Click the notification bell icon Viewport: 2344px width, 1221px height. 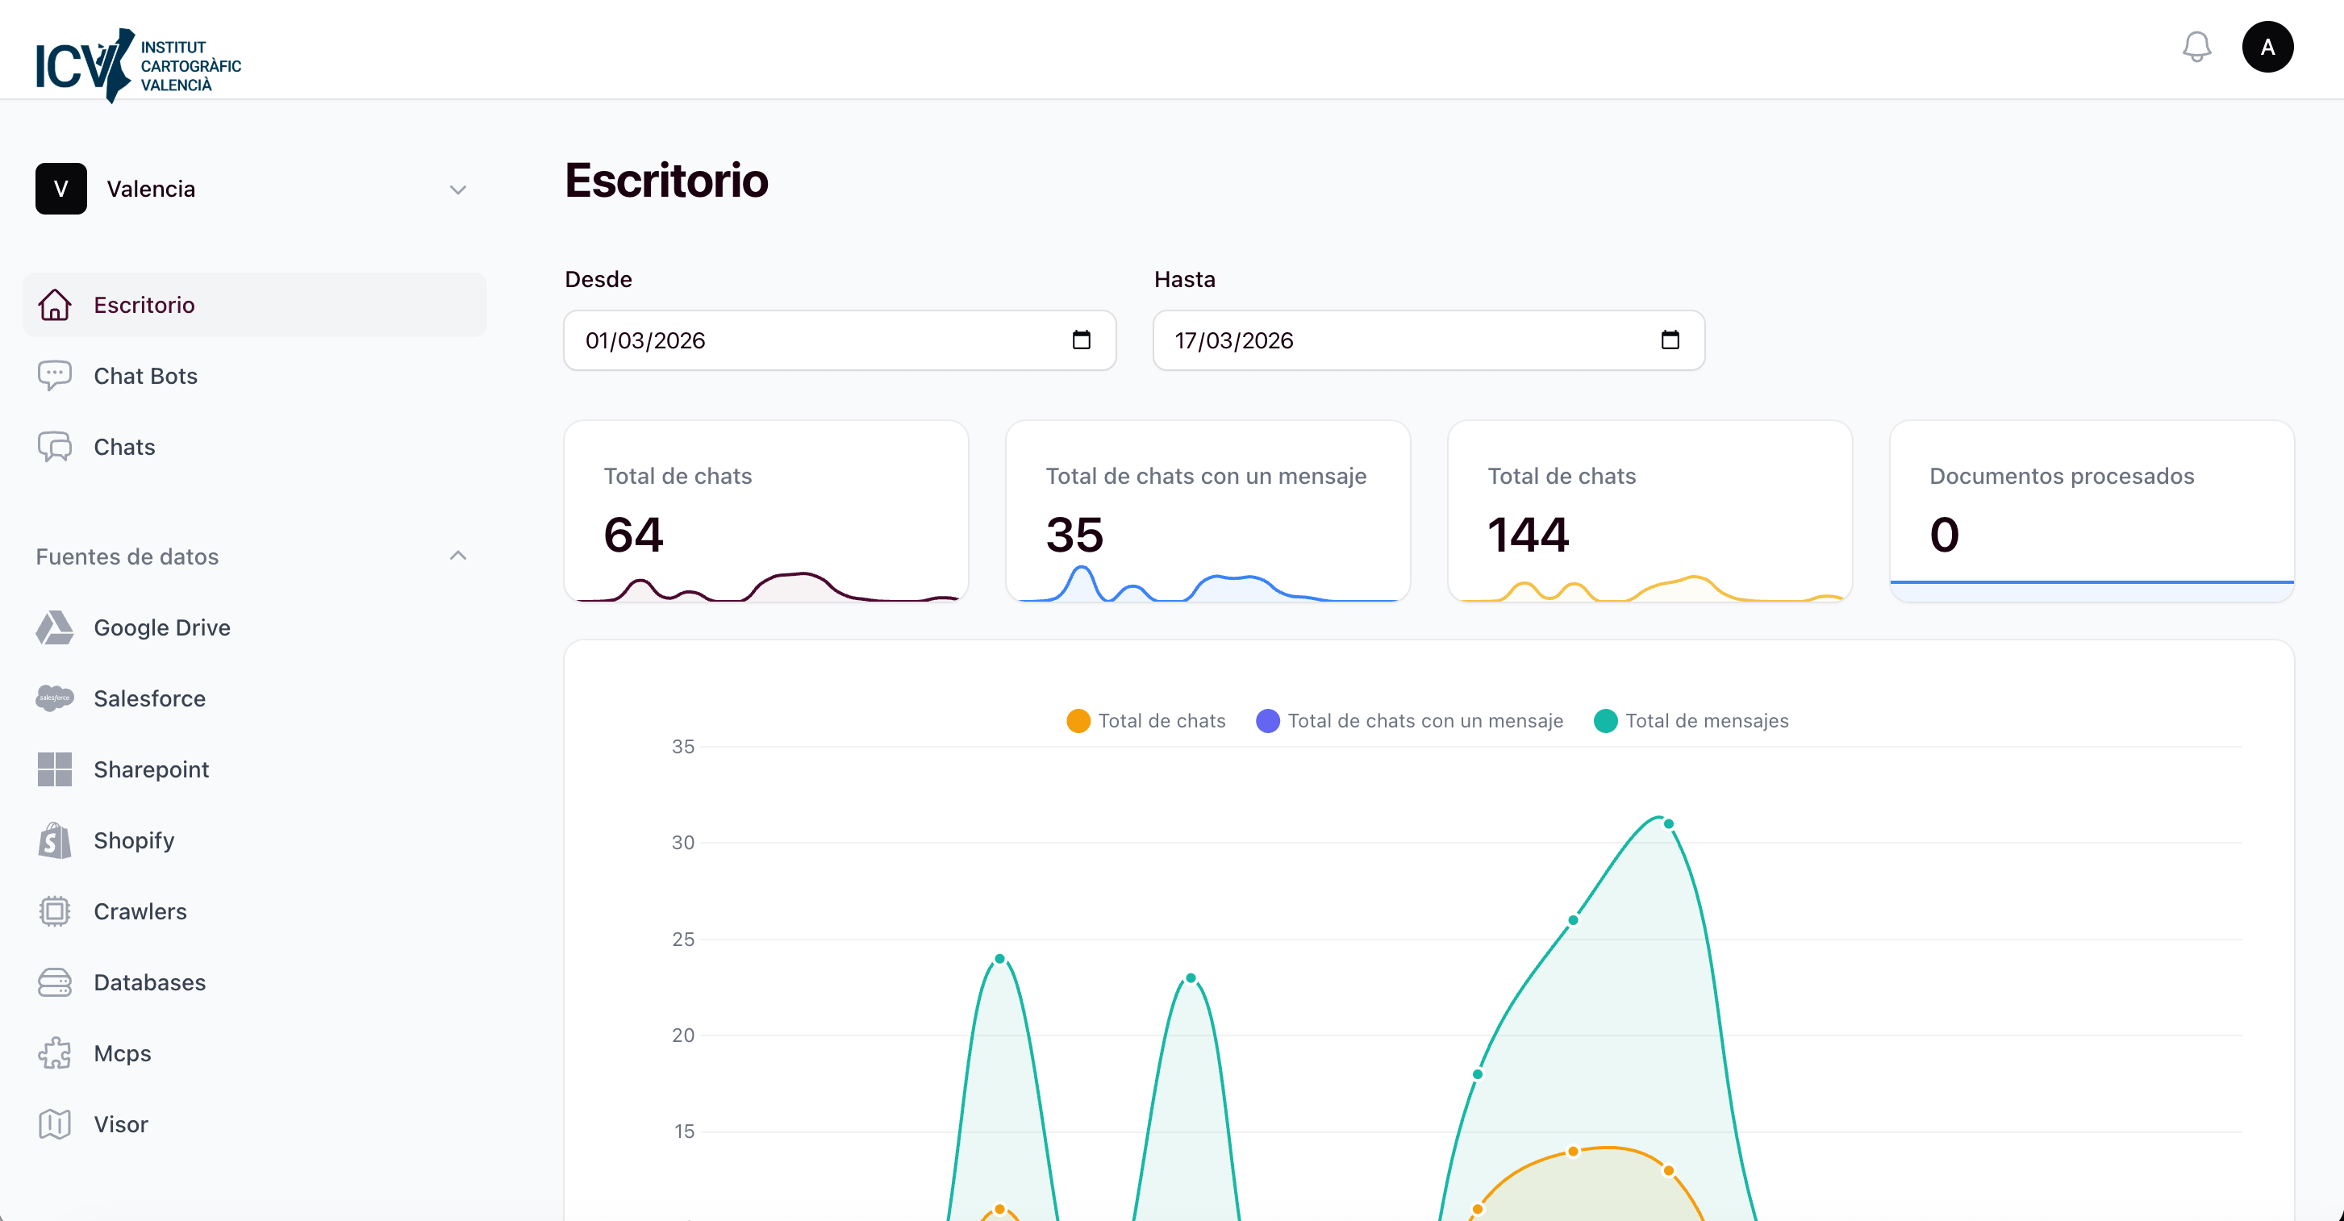(2196, 48)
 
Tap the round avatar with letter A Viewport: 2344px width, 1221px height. (2267, 48)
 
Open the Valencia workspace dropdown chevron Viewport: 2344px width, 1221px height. (457, 190)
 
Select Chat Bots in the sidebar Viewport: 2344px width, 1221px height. (145, 376)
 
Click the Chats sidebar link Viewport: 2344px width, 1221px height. (125, 447)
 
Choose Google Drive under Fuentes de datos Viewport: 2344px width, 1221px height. (161, 627)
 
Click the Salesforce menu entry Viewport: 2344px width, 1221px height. (149, 698)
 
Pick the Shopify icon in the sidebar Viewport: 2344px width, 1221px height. (55, 840)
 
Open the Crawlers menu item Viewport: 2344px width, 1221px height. (140, 911)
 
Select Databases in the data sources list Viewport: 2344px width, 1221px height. (149, 982)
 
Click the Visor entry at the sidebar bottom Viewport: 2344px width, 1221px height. (120, 1124)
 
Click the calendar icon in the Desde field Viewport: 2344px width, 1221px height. (1081, 340)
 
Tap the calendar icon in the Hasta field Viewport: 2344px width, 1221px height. (1670, 340)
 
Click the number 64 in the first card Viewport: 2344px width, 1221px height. (633, 534)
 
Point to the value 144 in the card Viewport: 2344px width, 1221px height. (1528, 534)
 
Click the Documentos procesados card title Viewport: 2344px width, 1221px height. (2061, 476)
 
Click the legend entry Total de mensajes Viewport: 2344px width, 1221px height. (1706, 721)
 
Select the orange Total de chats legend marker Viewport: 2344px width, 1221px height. (1078, 721)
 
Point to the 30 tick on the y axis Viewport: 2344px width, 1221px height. (682, 843)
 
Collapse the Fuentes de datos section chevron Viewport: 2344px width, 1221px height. (457, 556)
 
